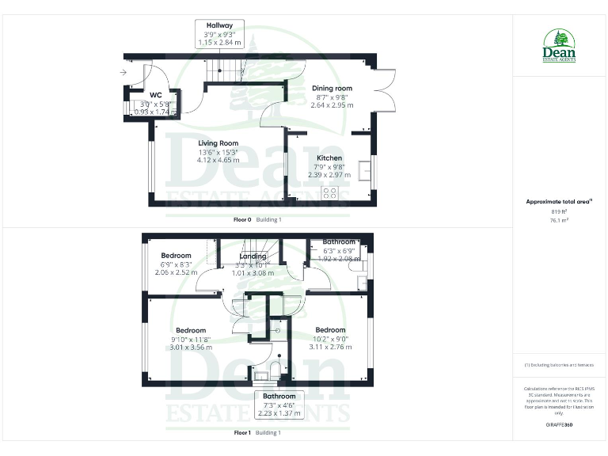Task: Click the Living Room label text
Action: [218, 144]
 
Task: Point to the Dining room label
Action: [332, 88]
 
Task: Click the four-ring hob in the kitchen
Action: [330, 192]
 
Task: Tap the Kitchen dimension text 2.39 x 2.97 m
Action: [325, 174]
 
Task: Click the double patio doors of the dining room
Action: [385, 92]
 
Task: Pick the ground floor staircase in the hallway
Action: [222, 72]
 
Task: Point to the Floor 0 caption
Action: [242, 219]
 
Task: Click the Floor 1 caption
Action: [242, 433]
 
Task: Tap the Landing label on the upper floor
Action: [252, 256]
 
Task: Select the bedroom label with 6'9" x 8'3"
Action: [176, 256]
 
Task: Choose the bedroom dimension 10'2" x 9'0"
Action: [330, 338]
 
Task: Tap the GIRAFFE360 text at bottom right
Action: [559, 426]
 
